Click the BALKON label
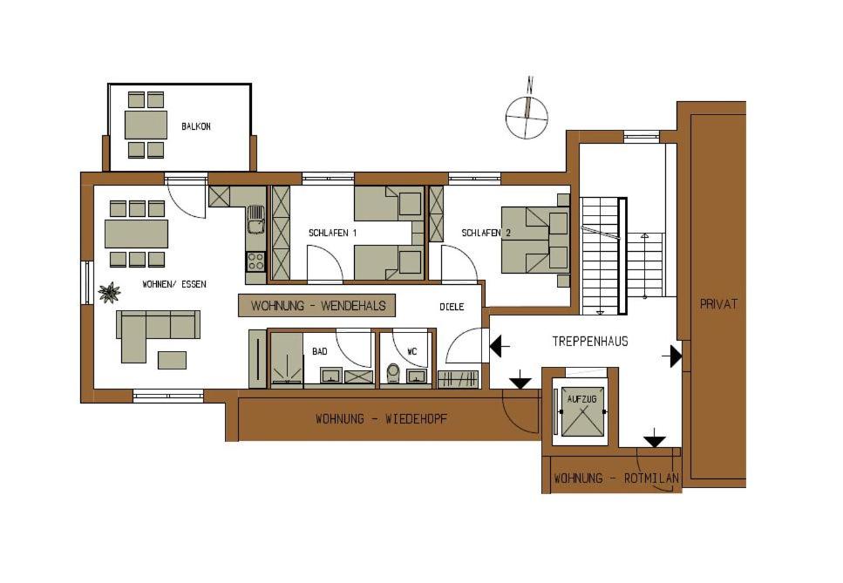[195, 127]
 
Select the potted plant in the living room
[109, 293]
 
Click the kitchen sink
[256, 220]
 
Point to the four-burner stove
[256, 262]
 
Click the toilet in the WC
[393, 372]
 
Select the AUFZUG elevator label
[581, 399]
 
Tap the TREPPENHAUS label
[590, 342]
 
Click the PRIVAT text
[718, 304]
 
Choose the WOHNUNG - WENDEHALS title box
[317, 305]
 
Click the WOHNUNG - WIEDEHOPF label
[381, 418]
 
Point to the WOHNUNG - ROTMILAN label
[616, 478]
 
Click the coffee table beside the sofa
[172, 360]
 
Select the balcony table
[146, 125]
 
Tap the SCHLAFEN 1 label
[332, 234]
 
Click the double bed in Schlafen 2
[535, 241]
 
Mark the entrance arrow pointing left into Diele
[500, 346]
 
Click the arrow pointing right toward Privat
[672, 356]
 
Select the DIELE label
[452, 307]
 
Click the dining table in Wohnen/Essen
[137, 234]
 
